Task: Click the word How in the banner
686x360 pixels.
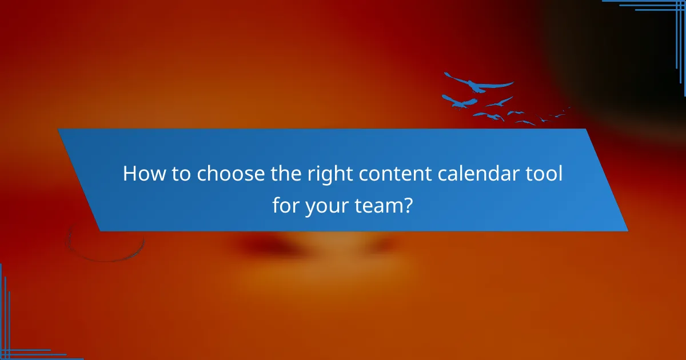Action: click(141, 174)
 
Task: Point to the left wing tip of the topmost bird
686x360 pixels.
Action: click(446, 74)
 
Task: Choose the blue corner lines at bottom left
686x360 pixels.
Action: click(17, 343)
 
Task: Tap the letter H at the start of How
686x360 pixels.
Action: click(129, 174)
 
